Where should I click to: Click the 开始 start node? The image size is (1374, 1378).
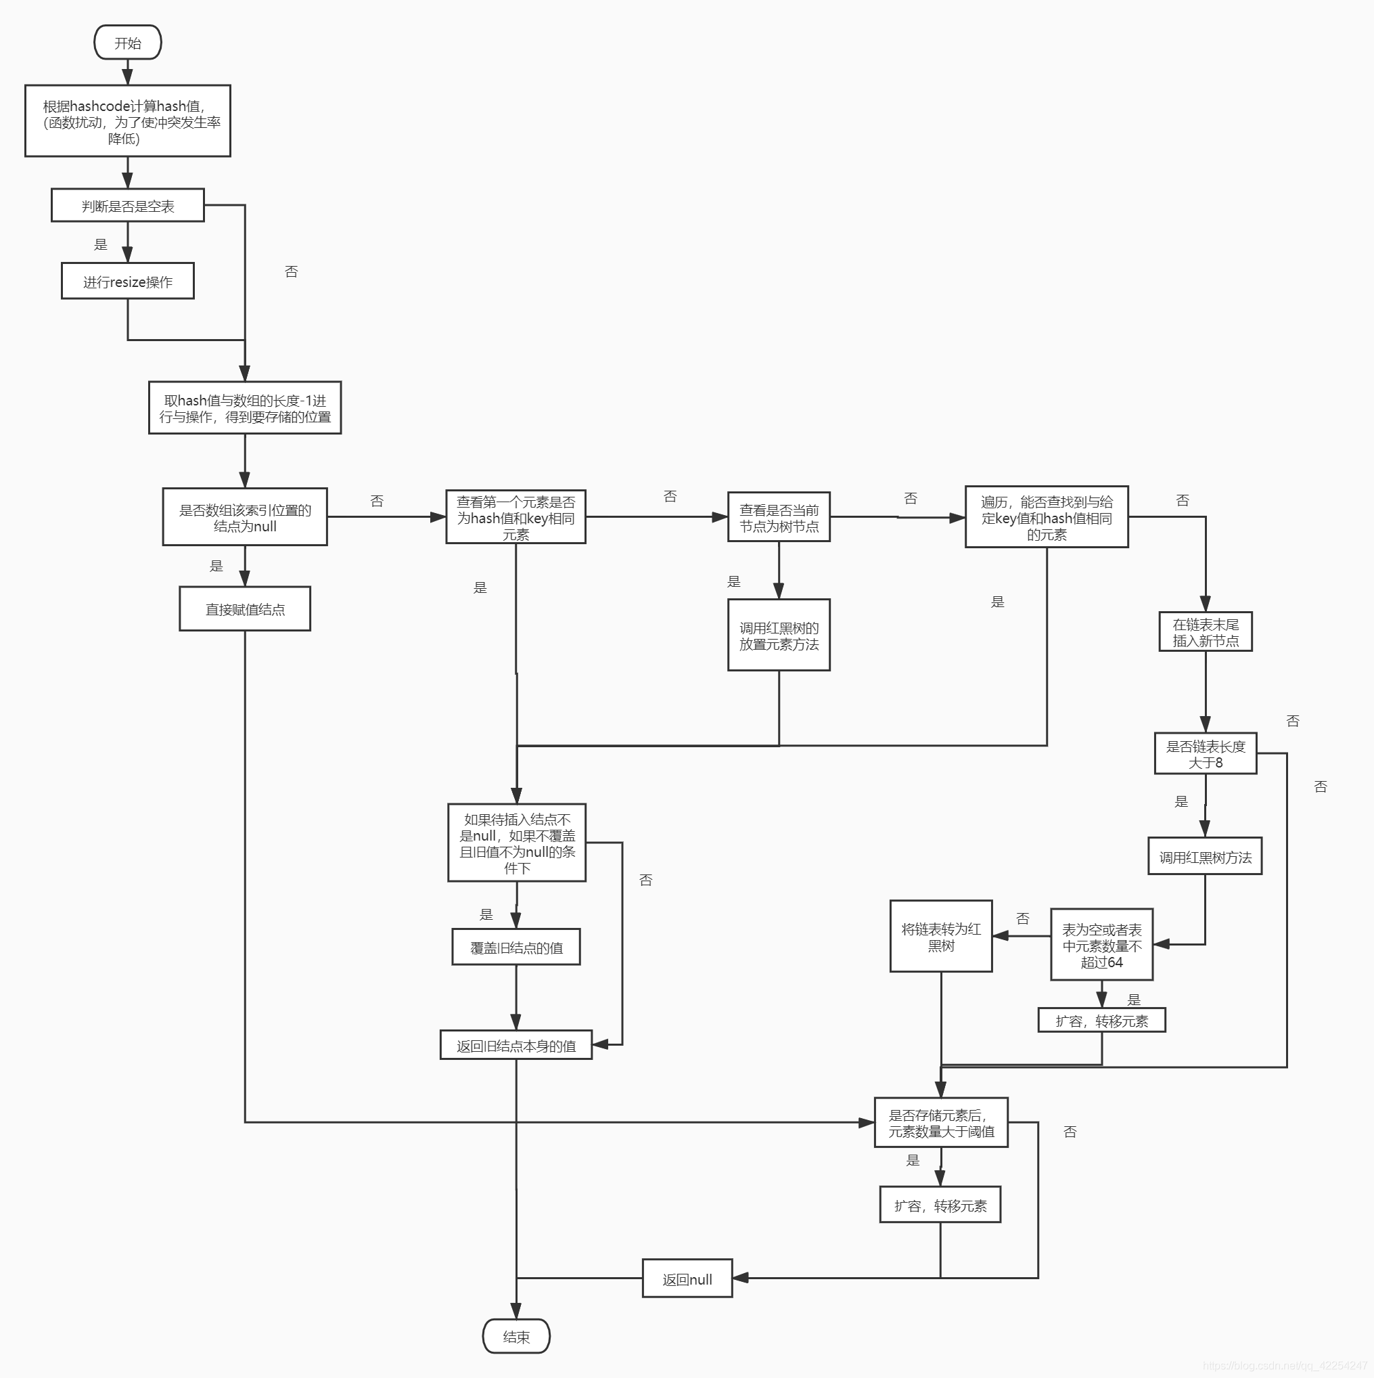pos(128,43)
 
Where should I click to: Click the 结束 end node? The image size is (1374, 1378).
pos(516,1337)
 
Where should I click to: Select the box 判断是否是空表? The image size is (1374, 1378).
pos(128,206)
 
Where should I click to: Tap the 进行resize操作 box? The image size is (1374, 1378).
pos(128,281)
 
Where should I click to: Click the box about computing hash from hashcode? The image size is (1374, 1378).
pos(128,121)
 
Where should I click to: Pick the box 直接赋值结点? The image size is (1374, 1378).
pos(245,609)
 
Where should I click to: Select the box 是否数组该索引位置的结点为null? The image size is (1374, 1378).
pos(245,517)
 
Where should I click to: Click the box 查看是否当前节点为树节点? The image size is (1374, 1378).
pos(779,517)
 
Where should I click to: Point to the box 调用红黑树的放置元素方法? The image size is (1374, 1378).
pos(779,635)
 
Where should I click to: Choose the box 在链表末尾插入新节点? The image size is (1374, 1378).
pos(1205,632)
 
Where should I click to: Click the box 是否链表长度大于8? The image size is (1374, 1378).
pos(1205,754)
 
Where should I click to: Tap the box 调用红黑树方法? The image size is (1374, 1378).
pos(1205,857)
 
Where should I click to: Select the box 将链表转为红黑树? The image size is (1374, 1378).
pos(940,937)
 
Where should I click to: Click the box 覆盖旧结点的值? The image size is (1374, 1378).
pos(516,947)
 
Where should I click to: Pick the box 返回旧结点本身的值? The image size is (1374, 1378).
pos(516,1045)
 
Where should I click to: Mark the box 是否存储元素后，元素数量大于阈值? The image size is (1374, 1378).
pos(940,1123)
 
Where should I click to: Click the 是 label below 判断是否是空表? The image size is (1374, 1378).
pos(101,244)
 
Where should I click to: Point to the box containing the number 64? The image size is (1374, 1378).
pos(1101,945)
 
